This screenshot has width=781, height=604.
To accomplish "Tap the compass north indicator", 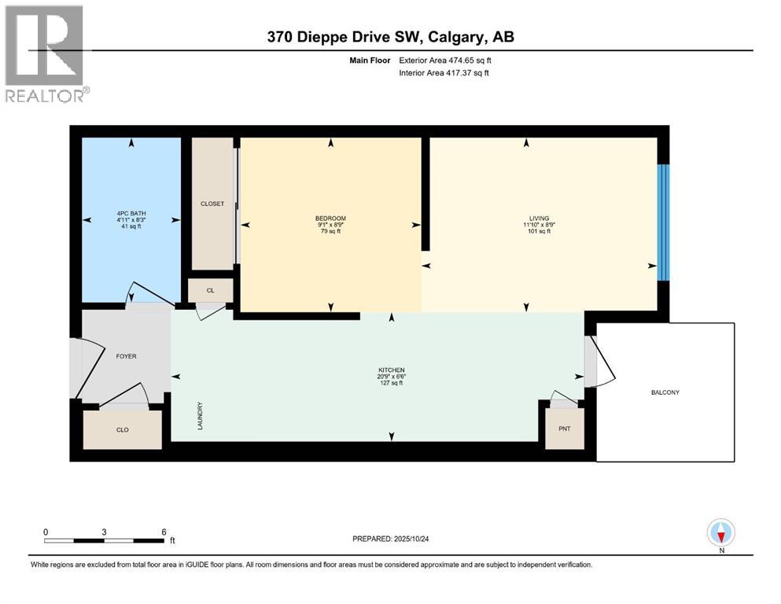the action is pyautogui.click(x=720, y=532).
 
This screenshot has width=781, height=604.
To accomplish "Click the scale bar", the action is pyautogui.click(x=104, y=540).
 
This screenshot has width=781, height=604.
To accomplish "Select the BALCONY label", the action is pyautogui.click(x=665, y=392).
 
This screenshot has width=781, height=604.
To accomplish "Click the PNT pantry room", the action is pyautogui.click(x=565, y=429).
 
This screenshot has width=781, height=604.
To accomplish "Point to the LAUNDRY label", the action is pyautogui.click(x=200, y=416).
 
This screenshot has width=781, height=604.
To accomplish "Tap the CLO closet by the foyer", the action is pyautogui.click(x=123, y=429).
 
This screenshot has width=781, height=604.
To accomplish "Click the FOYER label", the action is pyautogui.click(x=126, y=356).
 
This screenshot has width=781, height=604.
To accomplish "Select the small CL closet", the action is pyautogui.click(x=210, y=290).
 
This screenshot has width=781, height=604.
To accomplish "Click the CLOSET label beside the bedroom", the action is pyautogui.click(x=212, y=204).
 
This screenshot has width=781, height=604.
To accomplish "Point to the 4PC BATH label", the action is pyautogui.click(x=131, y=213).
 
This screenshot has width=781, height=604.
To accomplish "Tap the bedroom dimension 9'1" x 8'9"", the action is pyautogui.click(x=331, y=225).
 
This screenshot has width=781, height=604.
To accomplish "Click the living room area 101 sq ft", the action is pyautogui.click(x=539, y=231).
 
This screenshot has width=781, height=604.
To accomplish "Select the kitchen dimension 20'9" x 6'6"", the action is pyautogui.click(x=392, y=377).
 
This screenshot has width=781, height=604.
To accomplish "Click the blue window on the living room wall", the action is pyautogui.click(x=664, y=223).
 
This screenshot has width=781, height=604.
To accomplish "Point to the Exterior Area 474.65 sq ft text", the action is pyautogui.click(x=445, y=61).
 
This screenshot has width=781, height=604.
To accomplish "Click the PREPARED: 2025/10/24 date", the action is pyautogui.click(x=390, y=539).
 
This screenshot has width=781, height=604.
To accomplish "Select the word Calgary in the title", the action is pyautogui.click(x=455, y=37).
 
